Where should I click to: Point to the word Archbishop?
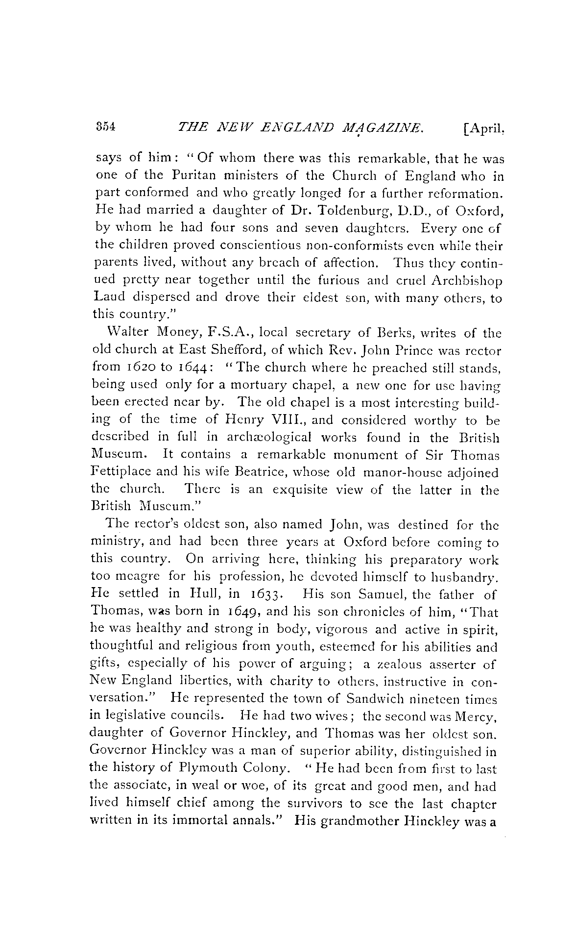tap(466, 281)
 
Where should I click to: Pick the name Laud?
tap(109, 298)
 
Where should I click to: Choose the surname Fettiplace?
tap(120, 473)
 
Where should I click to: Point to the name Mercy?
tap(477, 716)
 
